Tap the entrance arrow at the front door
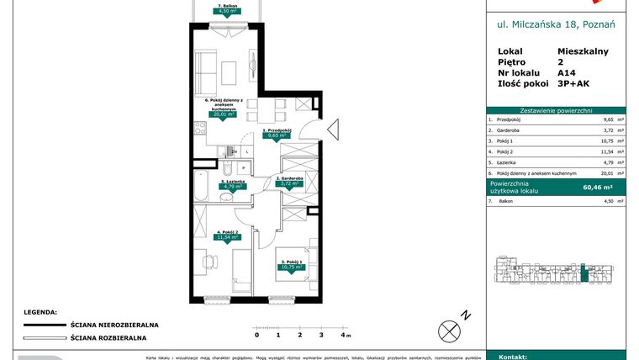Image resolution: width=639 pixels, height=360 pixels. click(x=331, y=130)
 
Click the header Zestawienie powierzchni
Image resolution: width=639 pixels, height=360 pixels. click(x=556, y=109)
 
